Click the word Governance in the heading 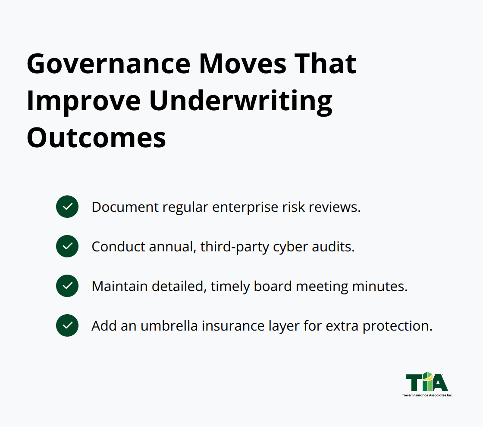tap(108, 65)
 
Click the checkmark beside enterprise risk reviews tap(67, 207)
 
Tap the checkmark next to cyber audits tap(67, 246)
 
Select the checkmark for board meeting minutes tap(67, 286)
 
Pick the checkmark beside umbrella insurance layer tap(67, 325)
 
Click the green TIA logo tap(427, 382)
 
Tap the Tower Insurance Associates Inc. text tap(427, 395)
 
